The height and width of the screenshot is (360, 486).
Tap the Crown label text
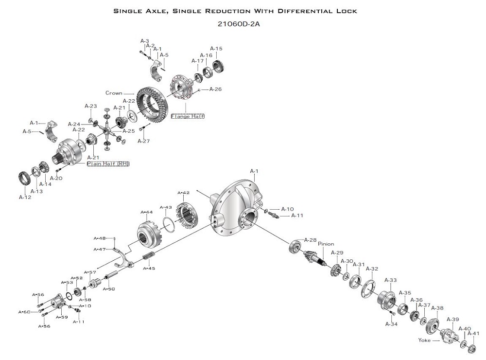tap(114, 93)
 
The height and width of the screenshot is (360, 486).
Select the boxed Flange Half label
tap(188, 116)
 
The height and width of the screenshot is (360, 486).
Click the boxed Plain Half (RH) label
tap(108, 163)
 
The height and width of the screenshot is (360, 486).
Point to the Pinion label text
tap(326, 244)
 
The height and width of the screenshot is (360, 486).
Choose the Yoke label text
tap(424, 340)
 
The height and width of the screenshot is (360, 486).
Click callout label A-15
tap(216, 49)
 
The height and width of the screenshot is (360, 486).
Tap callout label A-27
tap(144, 141)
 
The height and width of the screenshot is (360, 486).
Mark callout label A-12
tap(25, 197)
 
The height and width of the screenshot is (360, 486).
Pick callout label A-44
tap(147, 212)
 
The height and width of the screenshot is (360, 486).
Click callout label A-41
tap(473, 333)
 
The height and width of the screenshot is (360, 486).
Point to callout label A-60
tap(24, 312)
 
